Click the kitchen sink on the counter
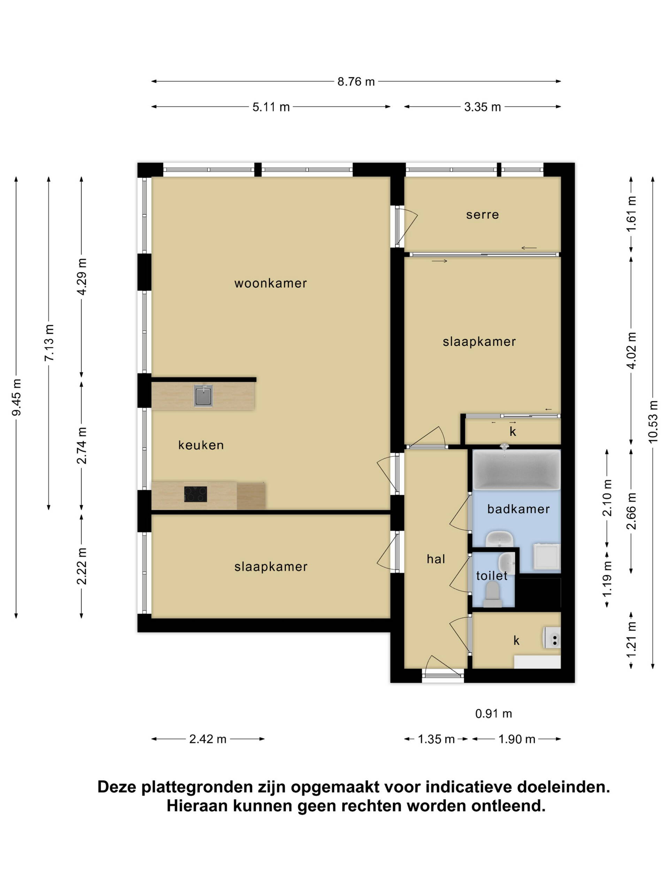203,395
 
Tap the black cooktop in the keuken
195,494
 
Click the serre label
482,215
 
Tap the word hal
436,559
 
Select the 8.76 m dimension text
356,82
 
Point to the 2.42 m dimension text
208,739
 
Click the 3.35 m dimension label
482,107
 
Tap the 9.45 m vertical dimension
16,397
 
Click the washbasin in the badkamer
499,538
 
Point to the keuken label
201,445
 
